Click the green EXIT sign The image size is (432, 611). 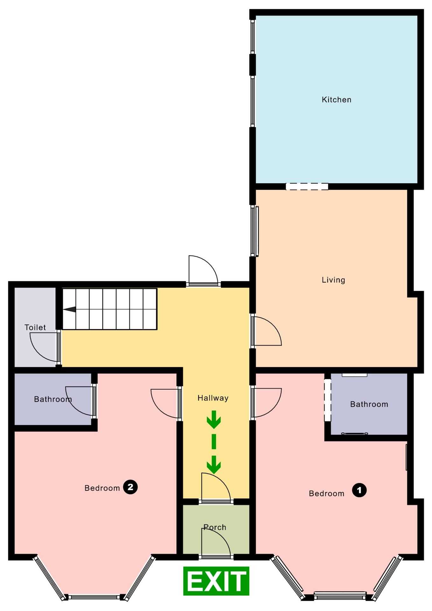point(216,581)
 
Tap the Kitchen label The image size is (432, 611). point(337,100)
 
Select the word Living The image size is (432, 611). point(333,280)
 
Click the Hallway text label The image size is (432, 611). point(213,398)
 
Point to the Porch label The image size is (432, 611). point(215,527)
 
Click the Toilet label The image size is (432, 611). point(35,327)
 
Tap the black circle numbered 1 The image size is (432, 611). point(359,490)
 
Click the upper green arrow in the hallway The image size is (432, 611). point(214,419)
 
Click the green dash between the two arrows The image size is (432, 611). point(214,442)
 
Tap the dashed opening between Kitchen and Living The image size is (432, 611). point(307,186)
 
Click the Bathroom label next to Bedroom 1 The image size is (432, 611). point(369,404)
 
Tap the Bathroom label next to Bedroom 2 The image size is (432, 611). point(53,399)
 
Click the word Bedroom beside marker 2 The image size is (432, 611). point(102,488)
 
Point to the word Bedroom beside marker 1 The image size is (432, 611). point(326,494)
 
